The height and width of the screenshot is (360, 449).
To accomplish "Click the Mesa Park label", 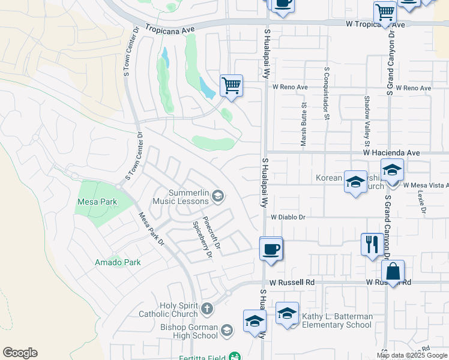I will (x=97, y=202).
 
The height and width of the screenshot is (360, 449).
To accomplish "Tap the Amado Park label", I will (x=118, y=262).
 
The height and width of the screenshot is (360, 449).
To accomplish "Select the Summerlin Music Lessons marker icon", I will (x=218, y=195).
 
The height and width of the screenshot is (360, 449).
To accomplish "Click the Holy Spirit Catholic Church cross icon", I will (x=207, y=309).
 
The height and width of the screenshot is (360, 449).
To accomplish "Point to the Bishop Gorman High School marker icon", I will (x=226, y=330).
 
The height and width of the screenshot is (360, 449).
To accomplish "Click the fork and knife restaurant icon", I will (x=372, y=244).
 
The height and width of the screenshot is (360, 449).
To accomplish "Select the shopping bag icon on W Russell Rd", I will (x=393, y=271).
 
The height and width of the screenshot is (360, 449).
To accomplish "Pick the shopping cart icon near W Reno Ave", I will (x=231, y=85).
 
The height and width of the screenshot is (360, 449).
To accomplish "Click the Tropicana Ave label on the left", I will (x=170, y=29).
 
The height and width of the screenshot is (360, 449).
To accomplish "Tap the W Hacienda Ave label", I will (x=391, y=154).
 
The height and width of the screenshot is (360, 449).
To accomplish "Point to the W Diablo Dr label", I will (x=288, y=217).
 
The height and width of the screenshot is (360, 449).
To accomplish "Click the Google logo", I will (x=20, y=353).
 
